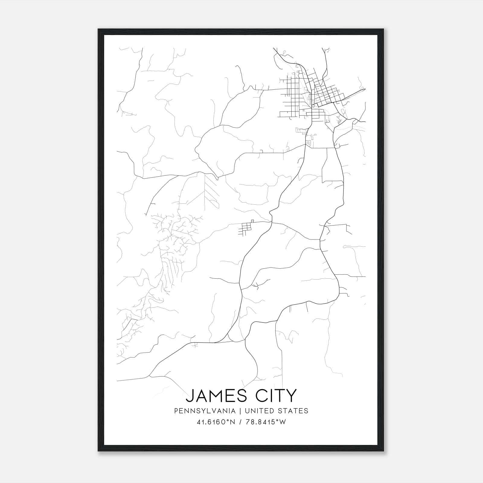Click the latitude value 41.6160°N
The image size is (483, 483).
216,422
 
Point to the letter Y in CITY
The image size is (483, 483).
291,396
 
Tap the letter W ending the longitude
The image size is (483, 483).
283,422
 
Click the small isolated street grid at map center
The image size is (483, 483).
246,228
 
